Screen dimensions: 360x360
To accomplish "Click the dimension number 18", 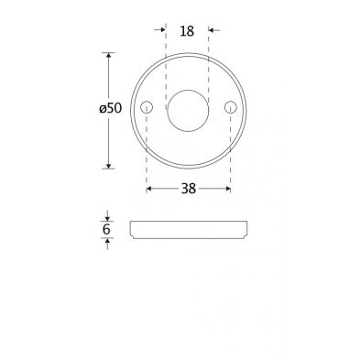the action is [x=187, y=31].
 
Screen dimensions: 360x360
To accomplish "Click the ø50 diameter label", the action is [x=111, y=108].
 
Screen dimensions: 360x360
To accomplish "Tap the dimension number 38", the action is [x=189, y=189].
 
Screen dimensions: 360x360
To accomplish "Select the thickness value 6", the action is [x=106, y=229].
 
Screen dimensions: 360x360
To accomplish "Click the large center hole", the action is [x=188, y=111].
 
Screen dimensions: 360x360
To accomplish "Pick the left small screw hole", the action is [x=147, y=107].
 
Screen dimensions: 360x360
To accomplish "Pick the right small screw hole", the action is [x=231, y=107].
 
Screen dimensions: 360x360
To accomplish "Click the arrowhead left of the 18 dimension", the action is [x=163, y=29].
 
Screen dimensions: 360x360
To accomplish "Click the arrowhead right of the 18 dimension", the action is [x=211, y=30].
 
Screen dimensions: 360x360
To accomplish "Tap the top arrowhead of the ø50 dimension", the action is [x=108, y=56].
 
